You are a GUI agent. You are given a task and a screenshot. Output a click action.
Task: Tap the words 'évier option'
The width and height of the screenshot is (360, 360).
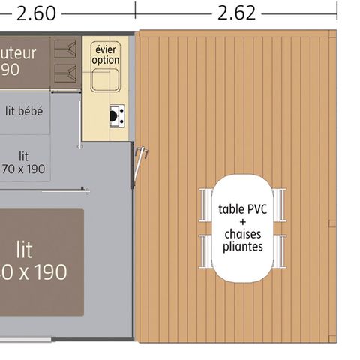pos(105,54)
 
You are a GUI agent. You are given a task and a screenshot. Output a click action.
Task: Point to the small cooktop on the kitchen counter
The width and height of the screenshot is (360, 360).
pos(115,115)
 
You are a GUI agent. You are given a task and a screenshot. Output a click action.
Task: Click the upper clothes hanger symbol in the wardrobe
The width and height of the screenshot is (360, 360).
pos(66,51)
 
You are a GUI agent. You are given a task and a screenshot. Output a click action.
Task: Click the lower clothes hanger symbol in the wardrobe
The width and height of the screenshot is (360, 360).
pos(66,73)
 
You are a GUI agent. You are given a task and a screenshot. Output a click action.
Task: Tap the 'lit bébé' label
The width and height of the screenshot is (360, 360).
pos(24,111)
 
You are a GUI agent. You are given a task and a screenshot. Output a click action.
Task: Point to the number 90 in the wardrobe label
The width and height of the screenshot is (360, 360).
pos(11,68)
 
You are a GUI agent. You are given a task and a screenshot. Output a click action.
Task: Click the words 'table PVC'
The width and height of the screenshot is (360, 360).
pos(241,209)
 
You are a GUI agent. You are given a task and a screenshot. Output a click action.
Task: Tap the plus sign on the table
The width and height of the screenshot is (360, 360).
pos(242,222)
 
